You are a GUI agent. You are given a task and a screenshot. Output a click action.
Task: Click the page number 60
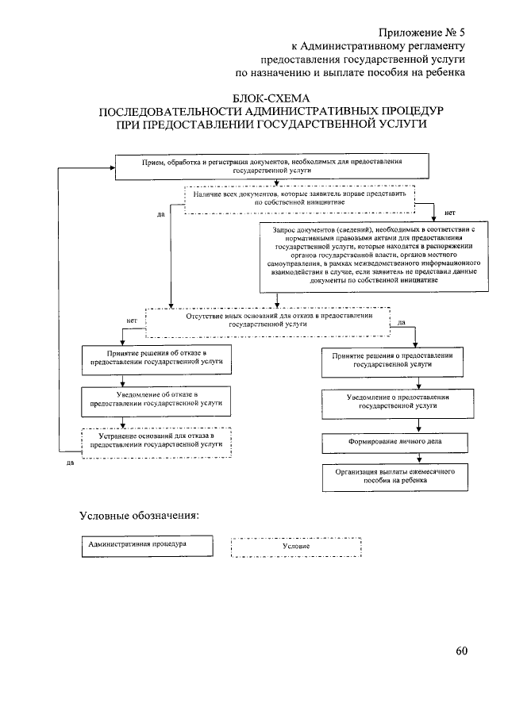462,651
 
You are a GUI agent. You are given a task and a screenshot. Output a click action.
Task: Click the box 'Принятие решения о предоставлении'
392,360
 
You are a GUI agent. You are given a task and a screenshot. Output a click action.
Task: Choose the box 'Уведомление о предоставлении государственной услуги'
392,401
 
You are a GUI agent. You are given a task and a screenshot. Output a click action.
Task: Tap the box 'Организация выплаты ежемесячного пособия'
393,476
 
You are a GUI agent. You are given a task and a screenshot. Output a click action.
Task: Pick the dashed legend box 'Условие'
296,547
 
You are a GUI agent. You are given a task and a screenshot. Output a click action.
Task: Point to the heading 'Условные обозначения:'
139,515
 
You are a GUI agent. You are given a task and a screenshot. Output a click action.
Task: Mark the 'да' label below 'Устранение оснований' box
69,463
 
